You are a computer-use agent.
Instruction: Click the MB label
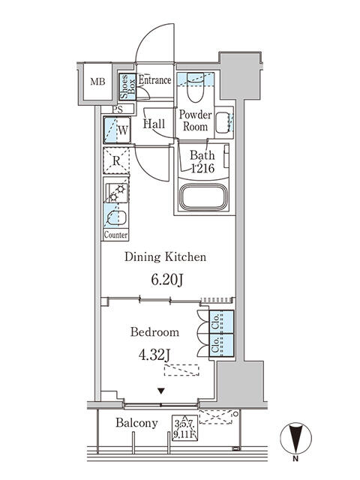(98, 82)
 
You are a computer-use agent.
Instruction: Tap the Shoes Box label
(127, 87)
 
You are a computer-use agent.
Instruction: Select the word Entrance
(154, 80)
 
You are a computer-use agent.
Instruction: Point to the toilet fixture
(195, 87)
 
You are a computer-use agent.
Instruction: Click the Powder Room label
(195, 120)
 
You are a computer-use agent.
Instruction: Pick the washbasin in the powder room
(223, 122)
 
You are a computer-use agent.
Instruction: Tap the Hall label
(154, 124)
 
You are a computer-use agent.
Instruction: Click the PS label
(117, 109)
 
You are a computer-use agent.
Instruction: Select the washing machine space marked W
(117, 130)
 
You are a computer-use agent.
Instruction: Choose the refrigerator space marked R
(116, 160)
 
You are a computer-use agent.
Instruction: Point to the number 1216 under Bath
(202, 168)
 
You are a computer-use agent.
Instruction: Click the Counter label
(115, 235)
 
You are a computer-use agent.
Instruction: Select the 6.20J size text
(167, 279)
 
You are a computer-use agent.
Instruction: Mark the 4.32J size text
(154, 355)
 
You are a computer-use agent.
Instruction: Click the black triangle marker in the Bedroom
(161, 391)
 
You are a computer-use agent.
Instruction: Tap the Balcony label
(136, 423)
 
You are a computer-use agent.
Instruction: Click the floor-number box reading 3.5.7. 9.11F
(184, 427)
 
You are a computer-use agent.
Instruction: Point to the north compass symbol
(296, 438)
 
